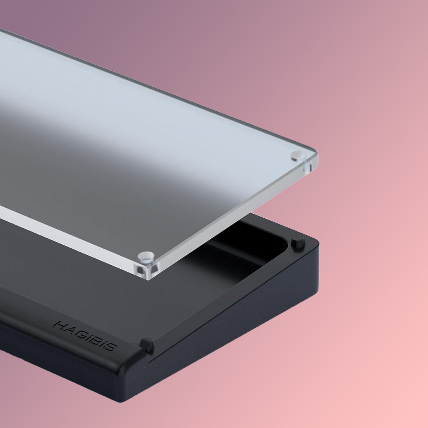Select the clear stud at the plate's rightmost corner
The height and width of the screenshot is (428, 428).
pyautogui.click(x=298, y=156)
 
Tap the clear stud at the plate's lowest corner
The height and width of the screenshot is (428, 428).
pyautogui.click(x=146, y=257)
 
